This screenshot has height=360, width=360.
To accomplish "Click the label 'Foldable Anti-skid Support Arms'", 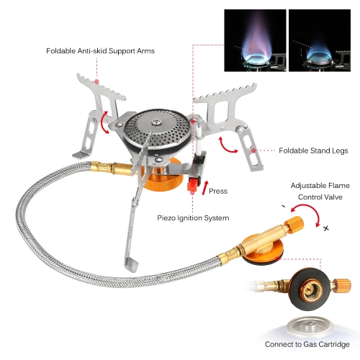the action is pyautogui.click(x=100, y=51).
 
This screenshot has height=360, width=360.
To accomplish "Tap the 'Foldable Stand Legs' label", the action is pyautogui.click(x=313, y=150).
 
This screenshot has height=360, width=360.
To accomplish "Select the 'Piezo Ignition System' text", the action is pyautogui.click(x=193, y=218).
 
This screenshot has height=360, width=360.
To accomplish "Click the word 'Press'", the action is pyautogui.click(x=218, y=191).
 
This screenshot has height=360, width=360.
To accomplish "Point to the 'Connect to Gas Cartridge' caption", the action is pyautogui.click(x=307, y=344).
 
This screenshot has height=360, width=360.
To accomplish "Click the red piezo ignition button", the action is pyautogui.click(x=194, y=184).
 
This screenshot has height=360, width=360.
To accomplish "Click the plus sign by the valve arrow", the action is pyautogui.click(x=325, y=228).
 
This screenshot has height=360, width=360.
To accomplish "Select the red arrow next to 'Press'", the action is pyautogui.click(x=205, y=188).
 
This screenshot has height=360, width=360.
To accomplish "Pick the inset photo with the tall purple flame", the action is pyautogui.click(x=255, y=40).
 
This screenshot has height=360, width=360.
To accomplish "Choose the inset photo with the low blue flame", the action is pyautogui.click(x=320, y=40).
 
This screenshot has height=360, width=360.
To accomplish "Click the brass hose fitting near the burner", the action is pyautogui.click(x=112, y=168).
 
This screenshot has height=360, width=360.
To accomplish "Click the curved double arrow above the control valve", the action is pyautogui.click(x=308, y=212).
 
